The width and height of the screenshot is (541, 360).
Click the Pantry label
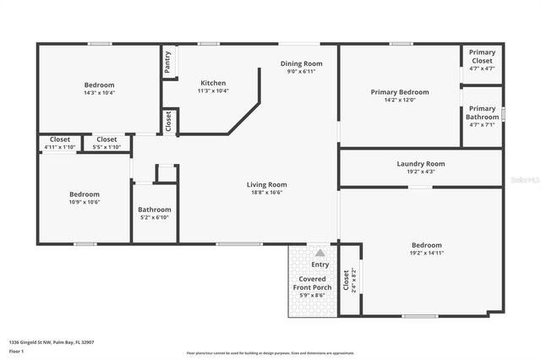167,63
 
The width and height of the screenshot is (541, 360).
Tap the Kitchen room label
213,83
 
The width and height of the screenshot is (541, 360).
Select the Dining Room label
302,63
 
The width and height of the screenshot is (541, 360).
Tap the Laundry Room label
420,164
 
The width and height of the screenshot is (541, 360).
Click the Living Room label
266,184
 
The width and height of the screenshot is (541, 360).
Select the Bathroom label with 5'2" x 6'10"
155,210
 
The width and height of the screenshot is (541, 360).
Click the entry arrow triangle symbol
320,253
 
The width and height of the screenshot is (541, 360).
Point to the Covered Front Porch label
313,283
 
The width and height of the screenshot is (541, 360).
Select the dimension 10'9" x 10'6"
85,202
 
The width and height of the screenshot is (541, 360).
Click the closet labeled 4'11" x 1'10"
60,139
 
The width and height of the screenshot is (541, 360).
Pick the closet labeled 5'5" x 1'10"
107,139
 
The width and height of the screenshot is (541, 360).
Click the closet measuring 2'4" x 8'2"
347,279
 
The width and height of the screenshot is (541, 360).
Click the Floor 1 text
17,351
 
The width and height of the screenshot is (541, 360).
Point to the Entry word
320,265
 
